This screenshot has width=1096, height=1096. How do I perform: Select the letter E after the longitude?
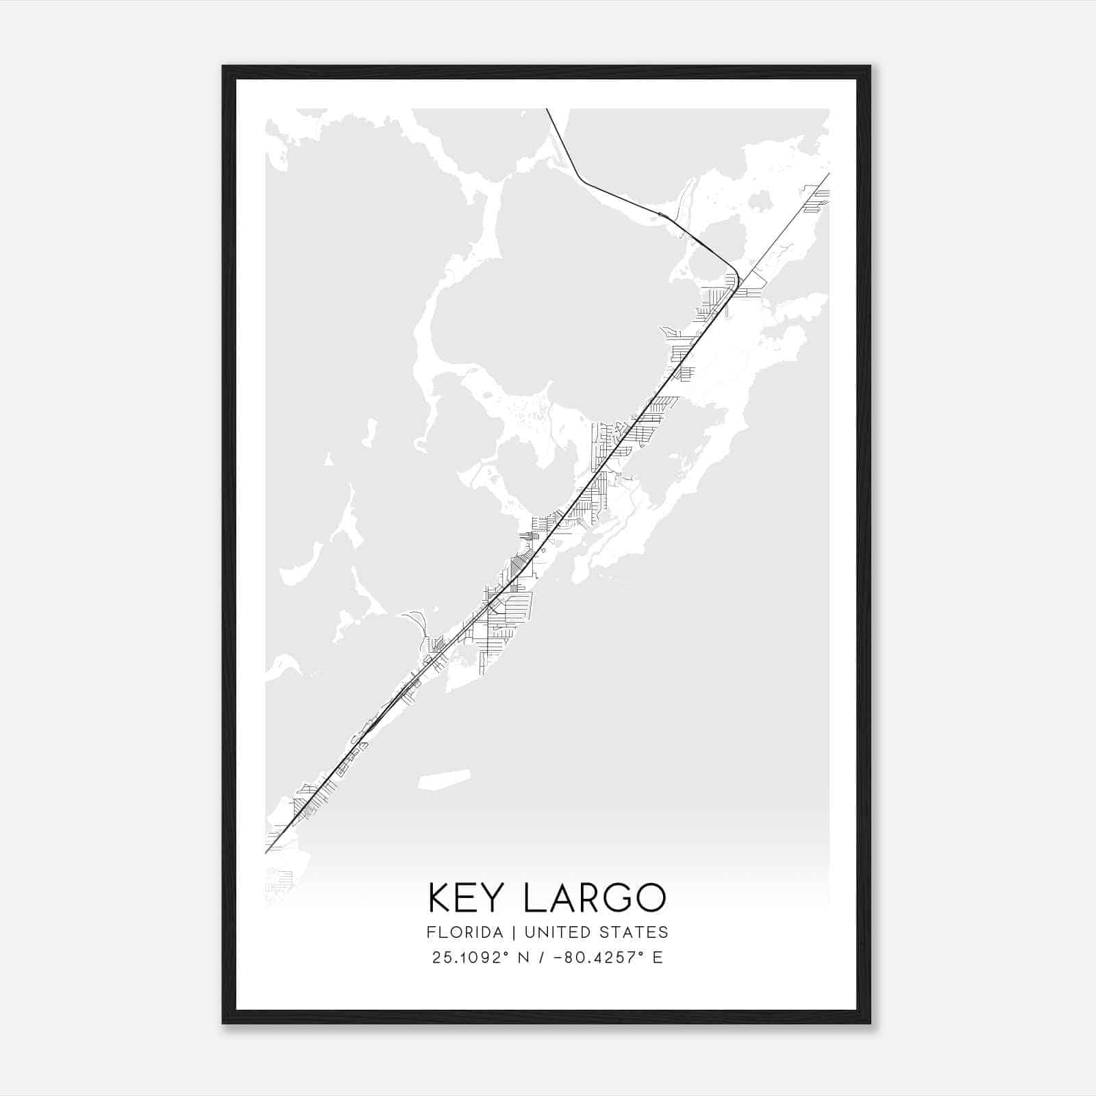[x=658, y=958]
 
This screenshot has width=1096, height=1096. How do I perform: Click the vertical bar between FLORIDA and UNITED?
[x=503, y=932]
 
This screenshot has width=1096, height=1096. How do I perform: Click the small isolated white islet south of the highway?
[x=444, y=780]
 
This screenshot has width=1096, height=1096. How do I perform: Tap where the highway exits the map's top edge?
[x=547, y=110]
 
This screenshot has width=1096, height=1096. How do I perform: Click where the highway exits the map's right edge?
[x=828, y=174]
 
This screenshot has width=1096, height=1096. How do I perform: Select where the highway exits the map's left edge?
[x=266, y=852]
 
